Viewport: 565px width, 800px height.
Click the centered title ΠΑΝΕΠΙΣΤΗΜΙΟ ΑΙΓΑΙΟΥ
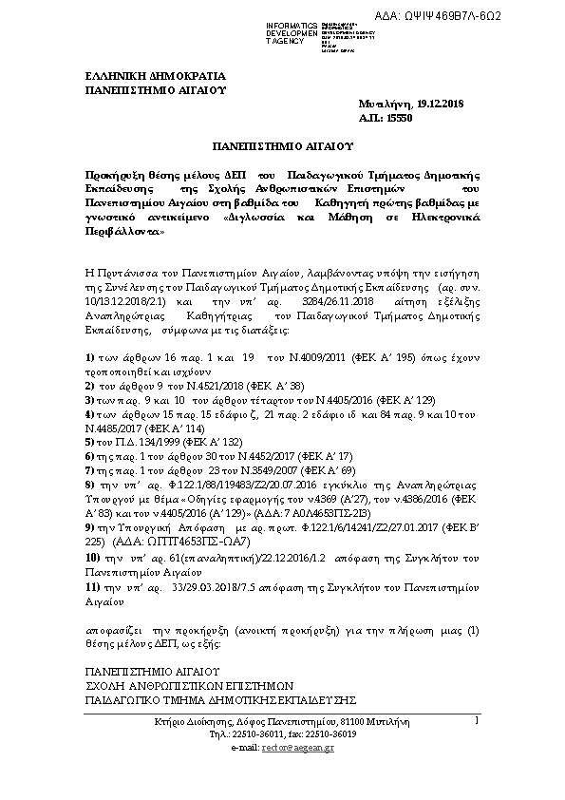coord(282,147)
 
